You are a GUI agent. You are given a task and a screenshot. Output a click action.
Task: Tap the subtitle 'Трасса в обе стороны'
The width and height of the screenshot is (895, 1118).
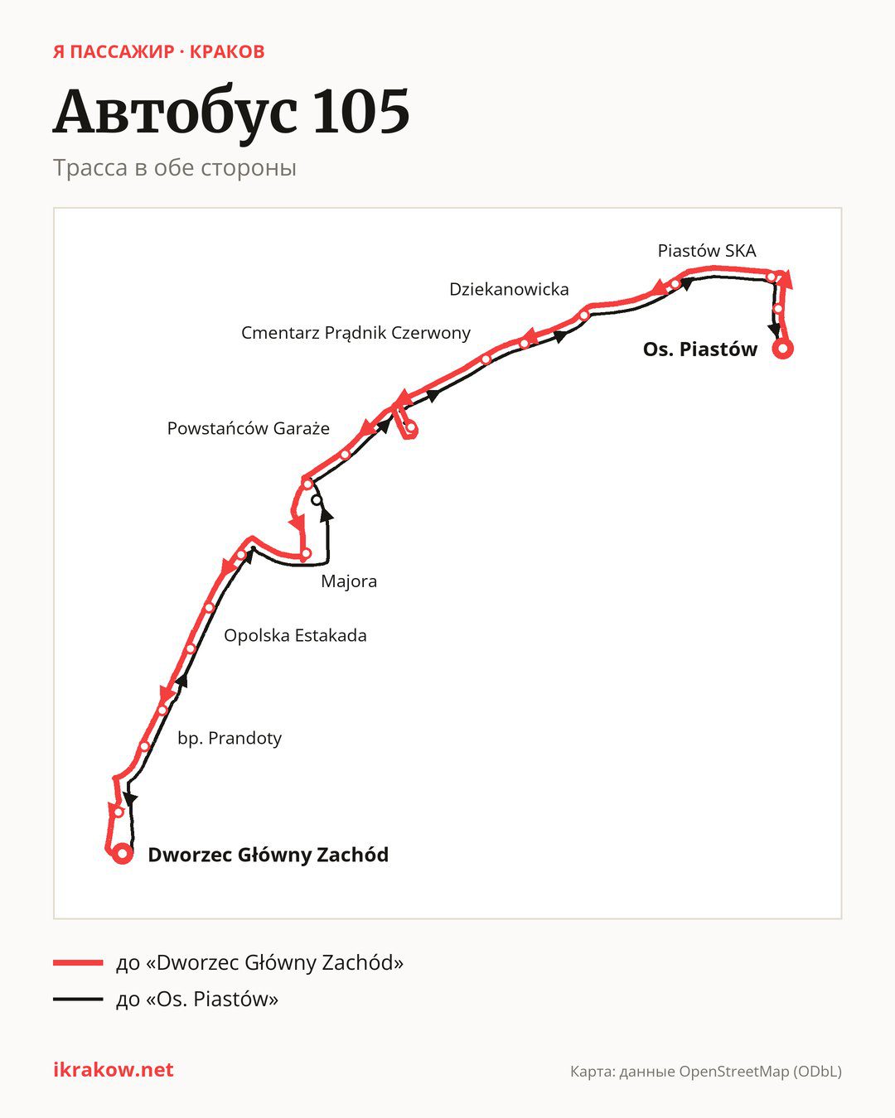175,168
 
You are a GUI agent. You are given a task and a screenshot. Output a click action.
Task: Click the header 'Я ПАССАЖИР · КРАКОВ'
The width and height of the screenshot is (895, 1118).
159,52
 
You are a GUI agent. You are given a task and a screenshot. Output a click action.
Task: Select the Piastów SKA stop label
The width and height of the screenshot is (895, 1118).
707,251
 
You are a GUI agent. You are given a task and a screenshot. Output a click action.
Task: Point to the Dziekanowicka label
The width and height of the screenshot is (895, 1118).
509,289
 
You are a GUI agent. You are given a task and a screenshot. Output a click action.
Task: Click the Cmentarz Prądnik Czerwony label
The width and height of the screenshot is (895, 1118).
356,333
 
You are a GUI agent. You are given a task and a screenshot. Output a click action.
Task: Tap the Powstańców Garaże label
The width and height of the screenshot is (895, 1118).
249,429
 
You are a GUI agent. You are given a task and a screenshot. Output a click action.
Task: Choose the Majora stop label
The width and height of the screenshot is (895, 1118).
349,581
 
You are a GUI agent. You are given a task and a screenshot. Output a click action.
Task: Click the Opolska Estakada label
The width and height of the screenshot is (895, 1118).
295,635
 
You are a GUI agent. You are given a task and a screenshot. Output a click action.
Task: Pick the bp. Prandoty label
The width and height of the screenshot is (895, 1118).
230,738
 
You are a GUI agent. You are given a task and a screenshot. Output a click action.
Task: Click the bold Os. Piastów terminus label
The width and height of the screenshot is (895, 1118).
700,349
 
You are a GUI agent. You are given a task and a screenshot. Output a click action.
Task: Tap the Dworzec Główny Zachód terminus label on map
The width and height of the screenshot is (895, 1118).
268,855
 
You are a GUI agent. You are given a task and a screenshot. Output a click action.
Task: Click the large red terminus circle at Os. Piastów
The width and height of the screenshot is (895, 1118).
782,349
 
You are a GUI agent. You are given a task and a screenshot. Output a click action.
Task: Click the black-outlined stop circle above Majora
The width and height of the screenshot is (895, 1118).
317,500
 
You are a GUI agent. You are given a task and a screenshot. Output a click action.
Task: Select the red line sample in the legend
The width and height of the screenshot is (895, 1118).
78,963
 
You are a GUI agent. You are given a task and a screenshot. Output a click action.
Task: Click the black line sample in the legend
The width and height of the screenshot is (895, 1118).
78,999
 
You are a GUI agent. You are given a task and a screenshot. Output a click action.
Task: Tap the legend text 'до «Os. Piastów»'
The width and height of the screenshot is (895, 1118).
197,999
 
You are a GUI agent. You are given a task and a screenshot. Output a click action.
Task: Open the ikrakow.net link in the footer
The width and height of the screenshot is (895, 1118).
114,1070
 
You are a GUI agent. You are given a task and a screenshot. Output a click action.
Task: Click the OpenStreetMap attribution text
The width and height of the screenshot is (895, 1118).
706,1072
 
